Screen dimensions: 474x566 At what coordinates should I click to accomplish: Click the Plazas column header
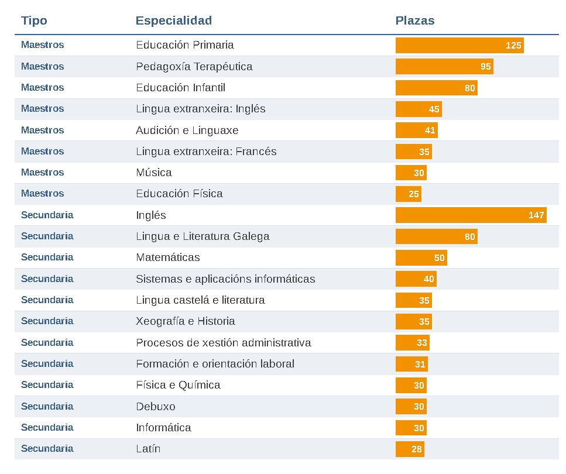pyautogui.click(x=415, y=20)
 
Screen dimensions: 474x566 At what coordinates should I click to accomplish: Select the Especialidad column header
pyautogui.click(x=174, y=20)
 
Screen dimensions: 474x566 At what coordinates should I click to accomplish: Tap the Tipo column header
pyautogui.click(x=34, y=20)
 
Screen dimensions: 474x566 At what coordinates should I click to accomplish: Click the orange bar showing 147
pyautogui.click(x=471, y=215)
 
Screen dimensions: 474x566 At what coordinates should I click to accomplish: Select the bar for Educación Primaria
pyautogui.click(x=459, y=45)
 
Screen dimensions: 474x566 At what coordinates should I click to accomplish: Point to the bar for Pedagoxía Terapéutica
pyautogui.click(x=444, y=67)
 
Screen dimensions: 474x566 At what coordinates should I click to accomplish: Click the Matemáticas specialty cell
pyautogui.click(x=168, y=257)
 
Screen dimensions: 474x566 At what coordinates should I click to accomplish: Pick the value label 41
pyautogui.click(x=430, y=130)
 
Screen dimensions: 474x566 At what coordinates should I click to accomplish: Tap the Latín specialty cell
pyautogui.click(x=148, y=449)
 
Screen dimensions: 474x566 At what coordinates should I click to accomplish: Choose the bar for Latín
pyautogui.click(x=410, y=449)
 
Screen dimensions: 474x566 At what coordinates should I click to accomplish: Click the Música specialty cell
pyautogui.click(x=154, y=173)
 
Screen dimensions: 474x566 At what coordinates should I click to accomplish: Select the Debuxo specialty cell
pyautogui.click(x=156, y=406)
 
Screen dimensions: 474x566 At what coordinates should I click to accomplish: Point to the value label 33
pyautogui.click(x=422, y=343)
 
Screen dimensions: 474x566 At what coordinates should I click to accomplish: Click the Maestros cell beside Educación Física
pyautogui.click(x=42, y=194)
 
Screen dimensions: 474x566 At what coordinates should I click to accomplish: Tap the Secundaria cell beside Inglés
pyautogui.click(x=47, y=215)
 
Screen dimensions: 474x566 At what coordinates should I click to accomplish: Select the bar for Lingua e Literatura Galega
pyautogui.click(x=436, y=236)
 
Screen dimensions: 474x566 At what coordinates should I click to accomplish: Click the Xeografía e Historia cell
pyautogui.click(x=186, y=321)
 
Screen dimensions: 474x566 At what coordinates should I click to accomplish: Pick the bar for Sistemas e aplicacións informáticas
pyautogui.click(x=416, y=279)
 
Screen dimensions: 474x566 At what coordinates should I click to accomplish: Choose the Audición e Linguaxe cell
pyautogui.click(x=187, y=130)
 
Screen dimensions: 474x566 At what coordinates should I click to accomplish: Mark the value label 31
pyautogui.click(x=420, y=364)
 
